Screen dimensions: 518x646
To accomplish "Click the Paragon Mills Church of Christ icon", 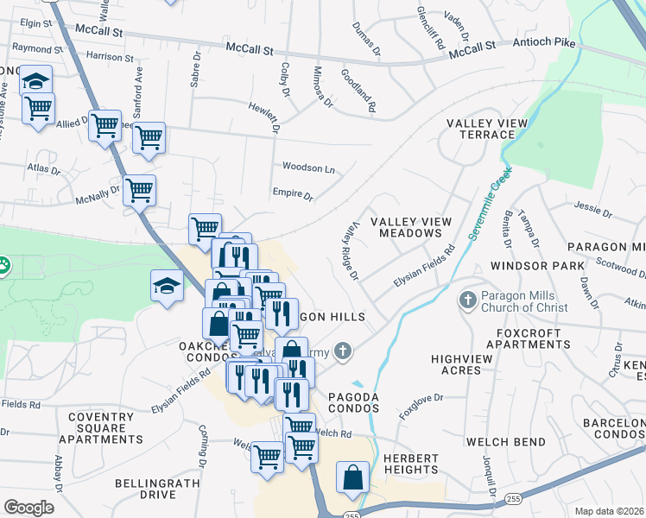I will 468,300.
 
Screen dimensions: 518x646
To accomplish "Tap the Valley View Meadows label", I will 412,228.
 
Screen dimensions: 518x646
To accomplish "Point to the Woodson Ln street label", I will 308,167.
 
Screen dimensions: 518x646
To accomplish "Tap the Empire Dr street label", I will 292,195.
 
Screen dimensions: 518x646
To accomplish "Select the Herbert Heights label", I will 400,463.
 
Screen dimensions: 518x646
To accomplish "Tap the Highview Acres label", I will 455,364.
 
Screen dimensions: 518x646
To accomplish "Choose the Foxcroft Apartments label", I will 529,338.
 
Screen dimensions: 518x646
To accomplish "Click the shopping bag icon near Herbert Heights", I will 352,477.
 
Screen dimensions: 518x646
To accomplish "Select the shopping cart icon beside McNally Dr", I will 139,190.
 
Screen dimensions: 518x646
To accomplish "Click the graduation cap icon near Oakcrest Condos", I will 168,286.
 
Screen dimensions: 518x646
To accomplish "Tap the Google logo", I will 28,509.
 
